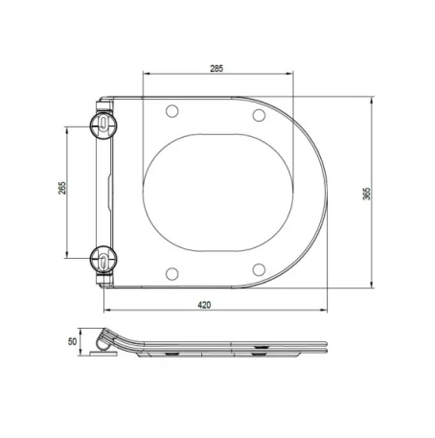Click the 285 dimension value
[x=217, y=68]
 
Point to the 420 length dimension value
[x=204, y=304]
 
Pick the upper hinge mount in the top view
[x=103, y=124]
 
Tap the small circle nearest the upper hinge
[x=172, y=110]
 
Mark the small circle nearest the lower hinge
[x=172, y=269]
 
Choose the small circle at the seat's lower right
[x=258, y=265]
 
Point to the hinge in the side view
[x=106, y=340]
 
